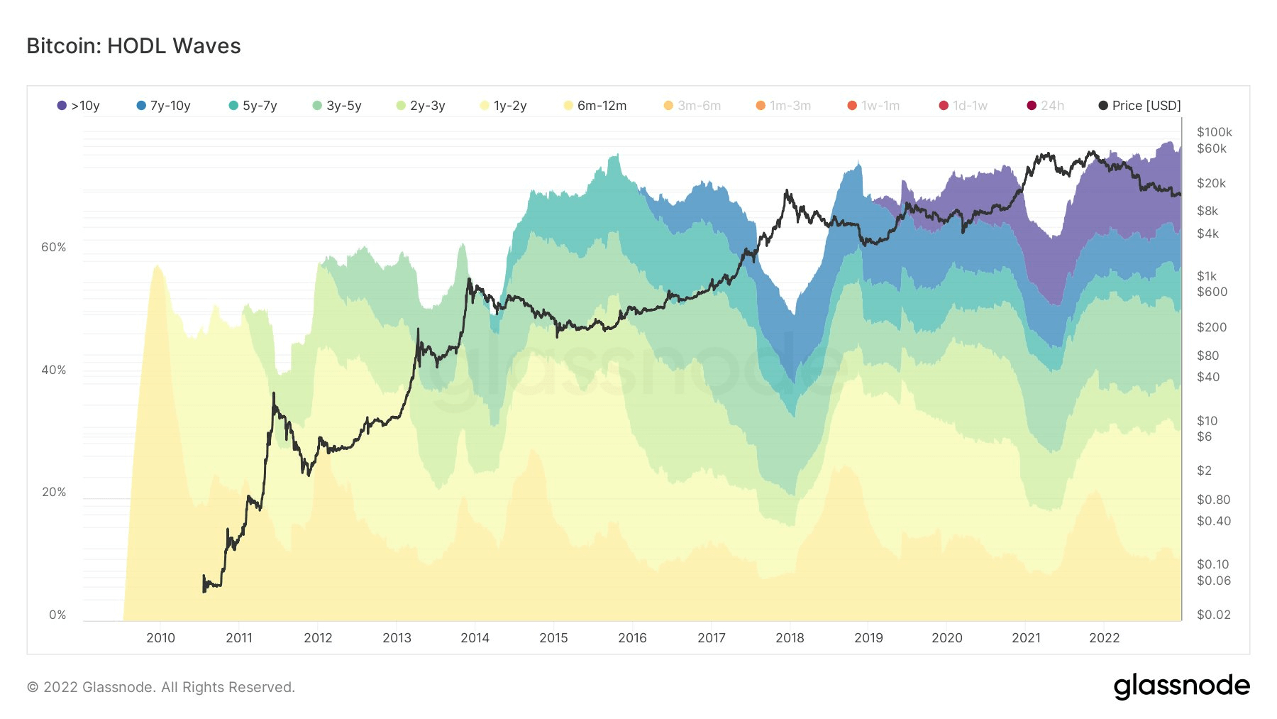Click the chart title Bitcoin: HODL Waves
click(x=133, y=46)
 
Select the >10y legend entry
click(x=79, y=106)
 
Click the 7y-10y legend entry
click(x=164, y=106)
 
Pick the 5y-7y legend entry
click(x=253, y=106)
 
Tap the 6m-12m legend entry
click(x=595, y=106)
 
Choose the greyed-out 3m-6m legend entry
click(x=692, y=106)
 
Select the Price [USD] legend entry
click(x=1140, y=106)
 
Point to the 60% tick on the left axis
click(x=54, y=247)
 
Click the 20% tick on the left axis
click(x=54, y=492)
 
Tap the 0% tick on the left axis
click(x=57, y=615)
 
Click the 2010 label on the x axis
click(x=160, y=637)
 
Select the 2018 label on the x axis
click(x=790, y=637)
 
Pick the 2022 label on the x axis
click(x=1104, y=637)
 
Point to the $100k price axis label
click(x=1214, y=132)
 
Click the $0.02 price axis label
click(x=1213, y=615)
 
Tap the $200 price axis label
click(x=1211, y=327)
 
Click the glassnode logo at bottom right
click(x=1181, y=686)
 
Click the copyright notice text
click(x=160, y=687)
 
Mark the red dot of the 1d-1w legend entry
click(x=944, y=106)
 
